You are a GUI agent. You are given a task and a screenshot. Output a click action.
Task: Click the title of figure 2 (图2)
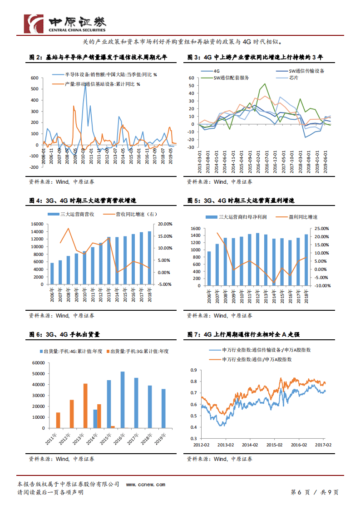(98, 58)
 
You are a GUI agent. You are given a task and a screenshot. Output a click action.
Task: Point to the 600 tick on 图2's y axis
(34, 78)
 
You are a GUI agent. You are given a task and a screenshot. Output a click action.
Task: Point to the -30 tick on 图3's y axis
(191, 147)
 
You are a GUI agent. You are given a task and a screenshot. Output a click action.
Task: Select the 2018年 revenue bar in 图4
(149, 258)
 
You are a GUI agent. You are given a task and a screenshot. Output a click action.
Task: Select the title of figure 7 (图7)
(243, 334)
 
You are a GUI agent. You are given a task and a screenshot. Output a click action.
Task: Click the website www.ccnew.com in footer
(145, 485)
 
